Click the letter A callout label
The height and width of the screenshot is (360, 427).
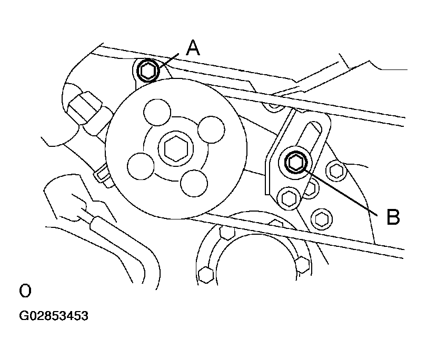193,48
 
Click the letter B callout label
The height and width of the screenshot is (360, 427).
393,217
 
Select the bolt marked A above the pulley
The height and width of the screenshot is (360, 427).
147,71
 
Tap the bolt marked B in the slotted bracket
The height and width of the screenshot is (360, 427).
296,162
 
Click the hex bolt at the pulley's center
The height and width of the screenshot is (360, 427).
176,148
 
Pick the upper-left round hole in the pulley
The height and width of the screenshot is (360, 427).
157,112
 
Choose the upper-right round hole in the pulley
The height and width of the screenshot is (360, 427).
211,129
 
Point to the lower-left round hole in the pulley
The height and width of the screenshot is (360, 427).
141,166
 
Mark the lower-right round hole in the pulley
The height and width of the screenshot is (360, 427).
194,183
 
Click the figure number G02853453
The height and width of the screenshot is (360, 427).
54,316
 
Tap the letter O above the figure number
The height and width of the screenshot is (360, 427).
25,291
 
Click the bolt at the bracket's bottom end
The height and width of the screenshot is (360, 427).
289,198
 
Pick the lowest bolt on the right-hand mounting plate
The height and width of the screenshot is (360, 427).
322,219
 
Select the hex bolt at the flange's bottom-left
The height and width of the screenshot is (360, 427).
206,275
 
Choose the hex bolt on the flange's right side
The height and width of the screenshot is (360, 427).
303,264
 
